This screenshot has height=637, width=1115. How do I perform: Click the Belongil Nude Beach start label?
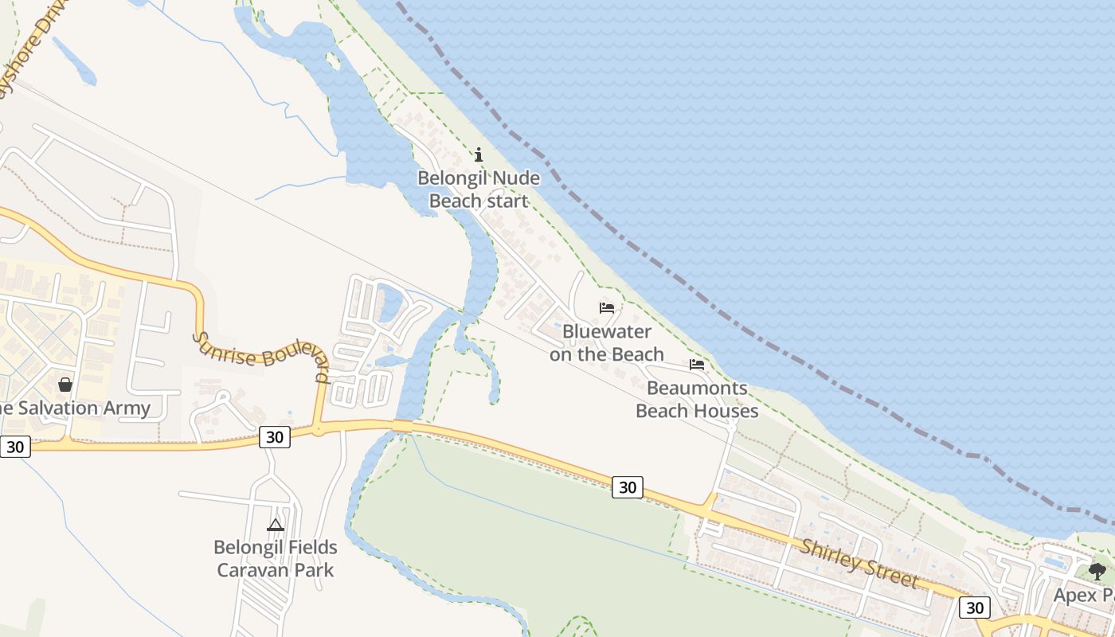(x=479, y=190)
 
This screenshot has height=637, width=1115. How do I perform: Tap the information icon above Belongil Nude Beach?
(x=479, y=154)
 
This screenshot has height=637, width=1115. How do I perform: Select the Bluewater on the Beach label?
(x=607, y=343)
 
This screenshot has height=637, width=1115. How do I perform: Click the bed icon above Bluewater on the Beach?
(x=607, y=308)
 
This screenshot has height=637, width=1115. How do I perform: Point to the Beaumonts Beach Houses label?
(x=697, y=400)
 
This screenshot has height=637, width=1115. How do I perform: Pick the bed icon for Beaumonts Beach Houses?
(x=697, y=365)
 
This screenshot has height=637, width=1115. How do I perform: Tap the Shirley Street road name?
(x=859, y=564)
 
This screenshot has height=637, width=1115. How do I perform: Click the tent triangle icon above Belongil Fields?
(x=276, y=525)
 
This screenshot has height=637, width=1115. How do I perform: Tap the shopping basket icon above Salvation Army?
(x=65, y=385)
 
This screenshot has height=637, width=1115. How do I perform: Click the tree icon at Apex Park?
(x=1097, y=570)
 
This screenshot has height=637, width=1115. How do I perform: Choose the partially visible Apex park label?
(x=1083, y=595)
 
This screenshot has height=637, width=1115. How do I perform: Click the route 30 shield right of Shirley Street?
(x=974, y=608)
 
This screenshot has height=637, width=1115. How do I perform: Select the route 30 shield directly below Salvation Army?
(x=15, y=447)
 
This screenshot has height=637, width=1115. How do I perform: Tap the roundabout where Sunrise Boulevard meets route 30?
(x=318, y=430)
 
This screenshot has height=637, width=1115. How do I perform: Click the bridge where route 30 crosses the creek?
(x=403, y=427)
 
